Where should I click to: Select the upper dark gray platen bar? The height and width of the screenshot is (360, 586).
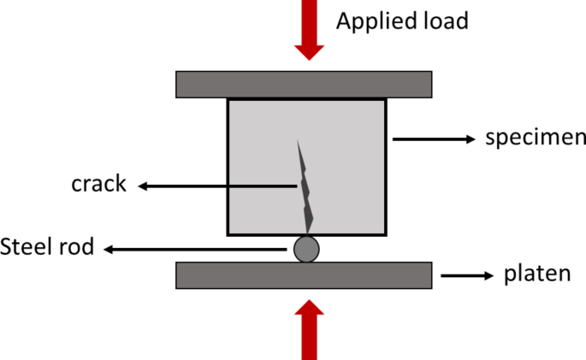(304, 84)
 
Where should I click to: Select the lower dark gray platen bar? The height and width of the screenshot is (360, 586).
(304, 274)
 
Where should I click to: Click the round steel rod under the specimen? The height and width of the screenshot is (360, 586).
(306, 249)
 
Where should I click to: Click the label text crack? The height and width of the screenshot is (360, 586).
(99, 184)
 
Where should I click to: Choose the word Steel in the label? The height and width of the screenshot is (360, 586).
(29, 249)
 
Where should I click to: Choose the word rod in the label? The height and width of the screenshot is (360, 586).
(79, 249)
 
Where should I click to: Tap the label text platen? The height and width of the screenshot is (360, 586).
(536, 275)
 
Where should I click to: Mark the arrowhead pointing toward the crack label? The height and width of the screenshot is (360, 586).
(144, 185)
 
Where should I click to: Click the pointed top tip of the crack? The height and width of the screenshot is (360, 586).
(298, 141)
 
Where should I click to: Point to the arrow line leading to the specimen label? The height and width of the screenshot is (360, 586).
(428, 139)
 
